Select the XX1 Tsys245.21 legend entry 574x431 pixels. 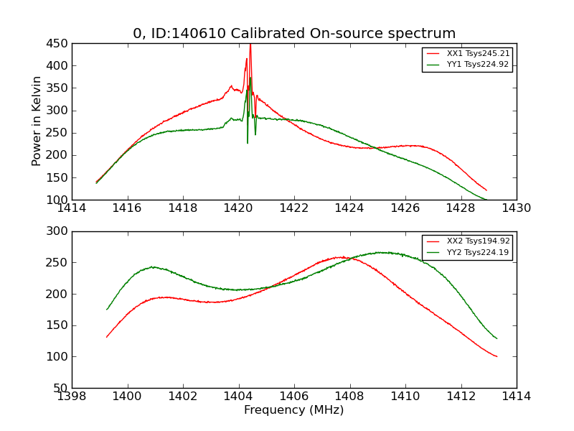(x=478, y=54)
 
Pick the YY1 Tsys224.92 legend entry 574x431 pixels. (x=478, y=65)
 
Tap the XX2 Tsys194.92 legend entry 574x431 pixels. (x=478, y=241)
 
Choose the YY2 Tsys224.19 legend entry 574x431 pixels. (x=478, y=252)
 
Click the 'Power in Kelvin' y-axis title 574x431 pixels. (x=37, y=121)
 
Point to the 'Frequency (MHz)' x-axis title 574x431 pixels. (x=294, y=410)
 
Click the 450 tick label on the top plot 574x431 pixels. (x=57, y=43)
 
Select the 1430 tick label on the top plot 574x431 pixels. (x=516, y=208)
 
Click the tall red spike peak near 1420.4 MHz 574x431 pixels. (x=250, y=45)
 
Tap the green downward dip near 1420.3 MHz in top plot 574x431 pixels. (x=248, y=142)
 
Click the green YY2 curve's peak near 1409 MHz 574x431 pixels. (x=382, y=252)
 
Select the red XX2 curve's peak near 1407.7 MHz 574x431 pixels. (x=342, y=256)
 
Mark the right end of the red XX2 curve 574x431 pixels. (x=497, y=356)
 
